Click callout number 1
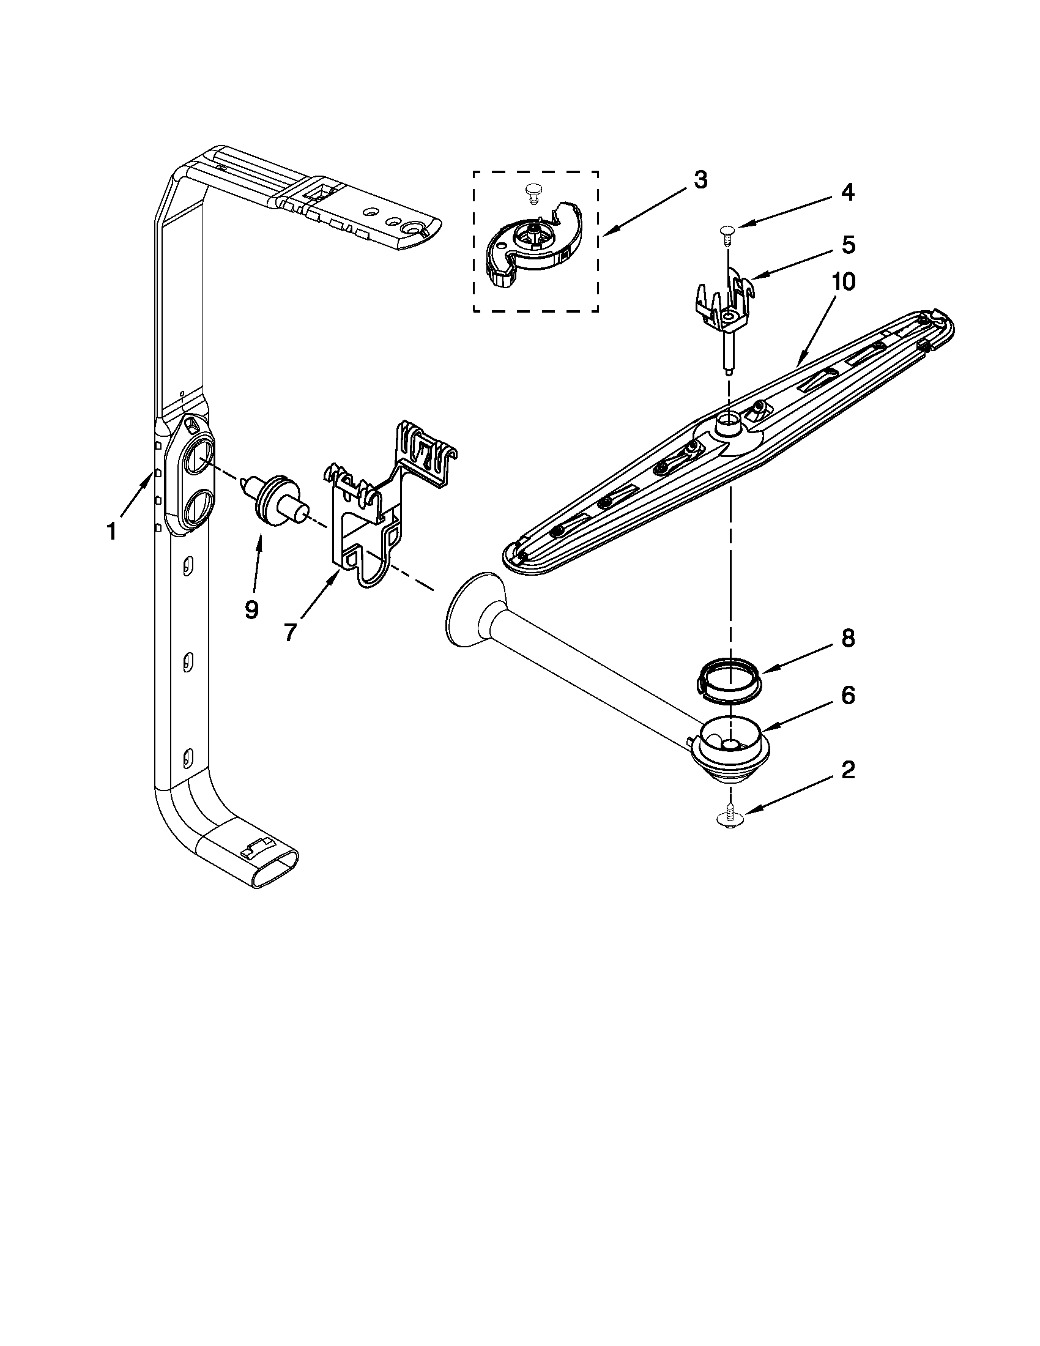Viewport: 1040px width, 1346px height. click(x=111, y=531)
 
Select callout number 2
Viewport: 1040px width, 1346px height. click(x=849, y=770)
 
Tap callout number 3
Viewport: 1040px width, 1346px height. click(x=700, y=180)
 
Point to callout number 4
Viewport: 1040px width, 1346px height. click(x=848, y=193)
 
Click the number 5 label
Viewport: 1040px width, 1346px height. click(x=849, y=245)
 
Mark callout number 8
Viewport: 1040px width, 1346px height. click(x=849, y=639)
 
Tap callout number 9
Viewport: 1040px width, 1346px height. click(x=251, y=610)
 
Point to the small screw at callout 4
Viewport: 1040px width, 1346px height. click(x=727, y=232)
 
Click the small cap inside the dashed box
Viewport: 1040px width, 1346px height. click(x=532, y=193)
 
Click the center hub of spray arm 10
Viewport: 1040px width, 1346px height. click(x=729, y=425)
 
